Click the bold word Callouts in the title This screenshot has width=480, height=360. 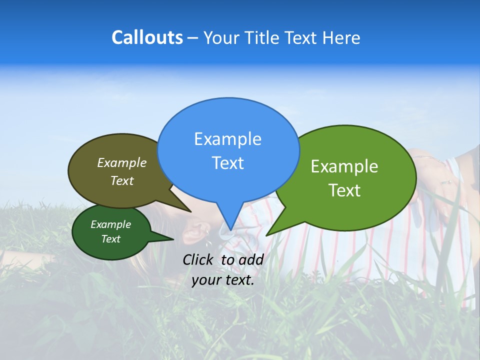(147, 37)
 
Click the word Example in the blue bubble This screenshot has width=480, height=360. (227, 139)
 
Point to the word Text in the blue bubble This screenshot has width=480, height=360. (227, 163)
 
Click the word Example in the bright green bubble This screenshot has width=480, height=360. (344, 166)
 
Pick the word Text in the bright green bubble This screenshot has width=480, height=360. (344, 190)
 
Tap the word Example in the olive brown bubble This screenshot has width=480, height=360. (122, 162)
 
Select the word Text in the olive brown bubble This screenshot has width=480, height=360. (122, 180)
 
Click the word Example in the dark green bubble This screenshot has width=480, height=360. (110, 224)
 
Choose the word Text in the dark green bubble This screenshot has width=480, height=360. (110, 239)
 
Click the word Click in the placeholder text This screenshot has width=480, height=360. (199, 259)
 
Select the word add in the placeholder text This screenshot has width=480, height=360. (251, 259)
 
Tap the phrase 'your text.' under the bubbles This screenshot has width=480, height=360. (223, 280)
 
